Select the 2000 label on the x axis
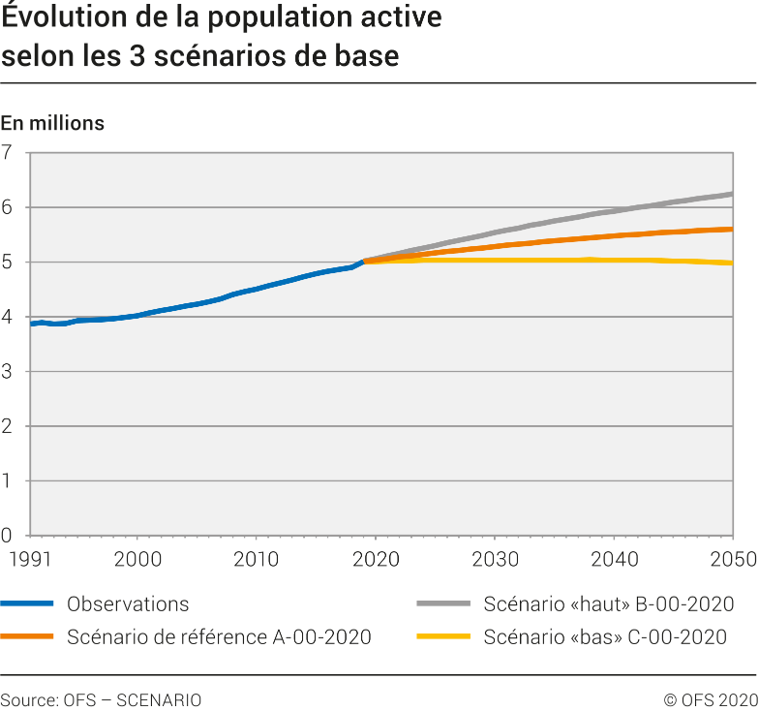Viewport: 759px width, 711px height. click(137, 559)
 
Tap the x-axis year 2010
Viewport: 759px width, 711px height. click(256, 559)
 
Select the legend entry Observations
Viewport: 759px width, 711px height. click(128, 604)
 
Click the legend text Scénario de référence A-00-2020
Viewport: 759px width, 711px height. click(219, 637)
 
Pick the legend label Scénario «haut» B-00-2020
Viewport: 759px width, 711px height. click(608, 604)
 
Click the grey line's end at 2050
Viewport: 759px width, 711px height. click(731, 194)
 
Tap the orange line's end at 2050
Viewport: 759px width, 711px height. click(731, 230)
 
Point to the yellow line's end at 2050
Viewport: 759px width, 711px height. click(731, 263)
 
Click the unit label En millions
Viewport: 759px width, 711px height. click(52, 123)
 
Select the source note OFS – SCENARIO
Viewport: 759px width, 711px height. click(101, 699)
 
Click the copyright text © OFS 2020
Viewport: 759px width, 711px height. click(710, 699)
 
